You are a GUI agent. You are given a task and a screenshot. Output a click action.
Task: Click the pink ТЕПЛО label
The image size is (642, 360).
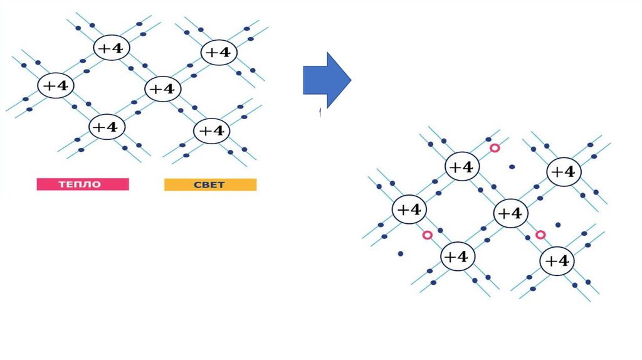point(82,184)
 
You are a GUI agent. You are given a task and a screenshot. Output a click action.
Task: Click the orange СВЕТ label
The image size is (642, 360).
point(210,184)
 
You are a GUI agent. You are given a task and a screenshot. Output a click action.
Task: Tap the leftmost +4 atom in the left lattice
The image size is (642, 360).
point(56,85)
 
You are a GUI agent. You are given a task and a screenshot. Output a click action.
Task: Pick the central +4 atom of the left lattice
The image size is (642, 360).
point(163,88)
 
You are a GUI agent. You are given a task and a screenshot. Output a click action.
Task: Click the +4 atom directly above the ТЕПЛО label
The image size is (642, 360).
point(107,127)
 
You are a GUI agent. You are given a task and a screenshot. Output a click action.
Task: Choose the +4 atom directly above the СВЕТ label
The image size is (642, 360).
point(212,131)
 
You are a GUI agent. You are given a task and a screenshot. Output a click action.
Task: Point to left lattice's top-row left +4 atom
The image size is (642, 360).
point(112,48)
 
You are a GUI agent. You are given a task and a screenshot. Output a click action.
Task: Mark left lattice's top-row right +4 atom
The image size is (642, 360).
point(219,52)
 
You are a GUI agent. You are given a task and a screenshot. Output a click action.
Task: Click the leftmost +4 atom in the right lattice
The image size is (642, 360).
point(409,209)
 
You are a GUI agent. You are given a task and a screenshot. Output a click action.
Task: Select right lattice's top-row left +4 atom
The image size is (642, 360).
point(463,167)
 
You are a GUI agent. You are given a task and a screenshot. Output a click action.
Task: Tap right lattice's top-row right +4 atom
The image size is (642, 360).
point(564,172)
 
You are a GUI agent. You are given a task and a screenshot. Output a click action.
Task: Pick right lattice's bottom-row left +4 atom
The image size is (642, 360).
point(458,256)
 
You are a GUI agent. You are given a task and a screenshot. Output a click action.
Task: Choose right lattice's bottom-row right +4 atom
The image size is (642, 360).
point(557,260)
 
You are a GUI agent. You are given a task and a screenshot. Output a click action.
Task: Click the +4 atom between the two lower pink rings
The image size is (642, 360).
point(512,213)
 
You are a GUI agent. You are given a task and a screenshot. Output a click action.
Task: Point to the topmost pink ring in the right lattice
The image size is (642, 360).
point(495,148)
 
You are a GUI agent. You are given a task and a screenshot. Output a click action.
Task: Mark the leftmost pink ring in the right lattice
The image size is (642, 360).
point(428,235)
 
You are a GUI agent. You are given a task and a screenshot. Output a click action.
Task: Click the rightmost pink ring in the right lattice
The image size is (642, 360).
point(540,235)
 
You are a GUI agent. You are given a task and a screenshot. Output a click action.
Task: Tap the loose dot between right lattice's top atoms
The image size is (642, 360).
point(512,167)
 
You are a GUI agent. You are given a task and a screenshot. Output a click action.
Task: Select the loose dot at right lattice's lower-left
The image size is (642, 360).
point(401,254)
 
